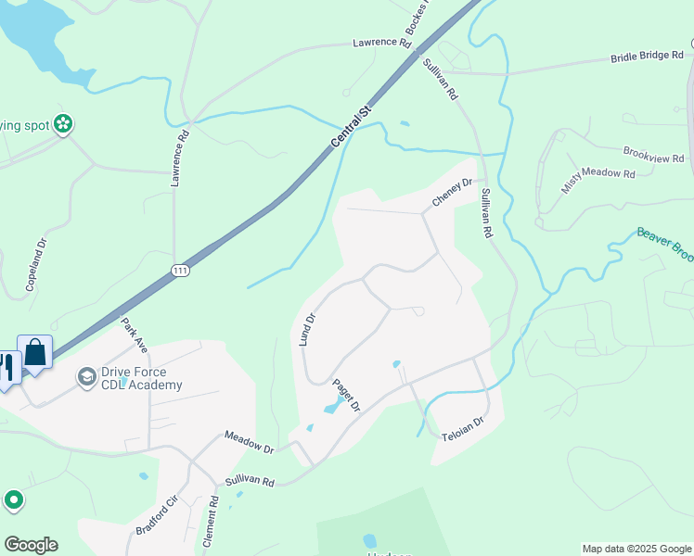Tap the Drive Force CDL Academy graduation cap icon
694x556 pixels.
(87, 376)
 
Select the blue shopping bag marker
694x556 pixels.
(35, 353)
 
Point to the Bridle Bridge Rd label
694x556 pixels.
(647, 57)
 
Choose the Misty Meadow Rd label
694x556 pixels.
(598, 174)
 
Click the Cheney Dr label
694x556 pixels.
(453, 194)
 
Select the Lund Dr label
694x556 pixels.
(308, 329)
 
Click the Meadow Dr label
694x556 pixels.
(249, 442)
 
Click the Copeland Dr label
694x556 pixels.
(35, 266)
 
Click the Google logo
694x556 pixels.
(31, 545)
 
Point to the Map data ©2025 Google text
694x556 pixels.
(636, 549)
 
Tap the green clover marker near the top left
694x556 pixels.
(63, 122)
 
